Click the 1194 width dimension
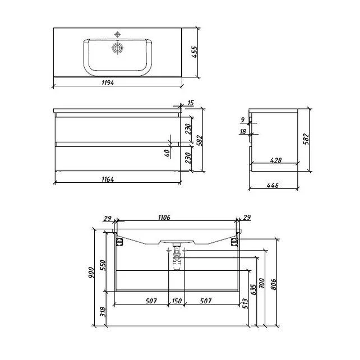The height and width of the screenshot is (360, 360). click(x=108, y=82)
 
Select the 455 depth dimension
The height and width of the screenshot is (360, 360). click(x=194, y=52)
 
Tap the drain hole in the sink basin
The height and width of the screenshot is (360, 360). click(x=118, y=48)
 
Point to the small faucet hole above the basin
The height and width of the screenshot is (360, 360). click(x=118, y=35)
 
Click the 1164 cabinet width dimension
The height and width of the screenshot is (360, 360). click(x=108, y=179)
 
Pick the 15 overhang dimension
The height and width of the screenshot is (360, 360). click(x=191, y=103)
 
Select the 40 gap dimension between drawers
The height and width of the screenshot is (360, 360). click(x=167, y=153)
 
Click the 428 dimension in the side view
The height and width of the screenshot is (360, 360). click(x=275, y=160)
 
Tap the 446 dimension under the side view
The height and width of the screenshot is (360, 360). click(x=273, y=185)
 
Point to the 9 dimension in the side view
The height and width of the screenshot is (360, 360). click(x=243, y=120)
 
